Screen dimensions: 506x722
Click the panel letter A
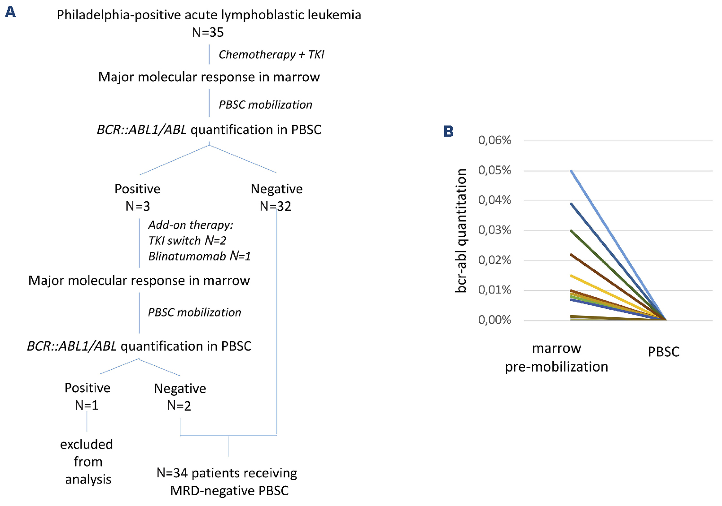(10, 12)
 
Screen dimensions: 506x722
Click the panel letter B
(448, 131)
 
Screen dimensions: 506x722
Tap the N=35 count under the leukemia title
(208, 32)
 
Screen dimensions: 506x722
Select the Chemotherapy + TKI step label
(271, 55)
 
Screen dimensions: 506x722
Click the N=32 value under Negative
(276, 206)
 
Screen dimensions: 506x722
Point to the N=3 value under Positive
(137, 206)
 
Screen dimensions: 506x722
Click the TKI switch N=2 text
(187, 241)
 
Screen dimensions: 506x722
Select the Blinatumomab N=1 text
(199, 256)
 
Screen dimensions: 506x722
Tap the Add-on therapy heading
(191, 225)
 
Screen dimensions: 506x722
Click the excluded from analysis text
(87, 462)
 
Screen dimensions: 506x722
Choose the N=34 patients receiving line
(227, 473)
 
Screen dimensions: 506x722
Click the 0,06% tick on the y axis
(494, 140)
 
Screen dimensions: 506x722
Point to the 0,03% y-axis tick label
(494, 230)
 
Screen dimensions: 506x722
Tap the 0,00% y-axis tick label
(494, 320)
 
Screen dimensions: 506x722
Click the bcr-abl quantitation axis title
(461, 230)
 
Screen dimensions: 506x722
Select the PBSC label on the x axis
(663, 352)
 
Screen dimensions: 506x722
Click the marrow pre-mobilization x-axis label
(556, 358)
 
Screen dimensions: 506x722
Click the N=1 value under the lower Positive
(87, 405)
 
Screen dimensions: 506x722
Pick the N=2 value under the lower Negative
(179, 406)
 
